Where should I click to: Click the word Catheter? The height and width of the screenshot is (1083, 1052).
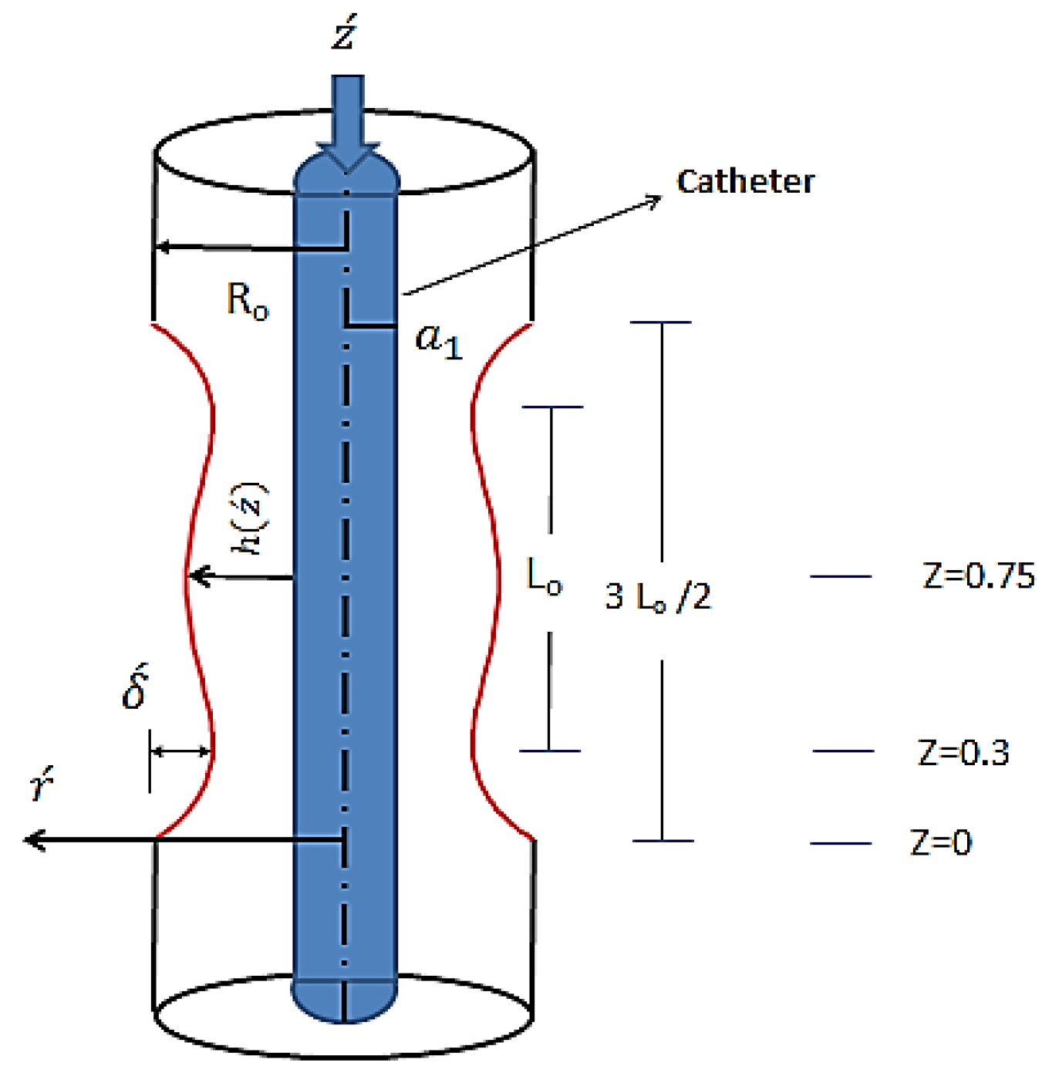click(745, 182)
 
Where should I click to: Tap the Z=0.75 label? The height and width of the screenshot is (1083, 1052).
click(978, 576)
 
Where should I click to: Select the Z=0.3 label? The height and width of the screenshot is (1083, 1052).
click(963, 752)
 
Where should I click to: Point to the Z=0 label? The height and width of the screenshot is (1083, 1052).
click(941, 842)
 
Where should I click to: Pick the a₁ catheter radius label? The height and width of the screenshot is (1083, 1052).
click(439, 340)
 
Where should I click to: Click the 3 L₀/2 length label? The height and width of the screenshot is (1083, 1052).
click(657, 596)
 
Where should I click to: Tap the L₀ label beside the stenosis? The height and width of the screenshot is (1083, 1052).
click(544, 576)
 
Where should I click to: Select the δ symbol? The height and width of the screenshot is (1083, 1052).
click(136, 687)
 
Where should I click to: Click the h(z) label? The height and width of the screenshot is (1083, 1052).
click(250, 518)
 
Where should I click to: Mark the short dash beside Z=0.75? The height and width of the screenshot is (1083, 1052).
click(841, 576)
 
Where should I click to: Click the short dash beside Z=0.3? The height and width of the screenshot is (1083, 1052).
click(843, 751)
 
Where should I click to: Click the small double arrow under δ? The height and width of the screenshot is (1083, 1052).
click(180, 751)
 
